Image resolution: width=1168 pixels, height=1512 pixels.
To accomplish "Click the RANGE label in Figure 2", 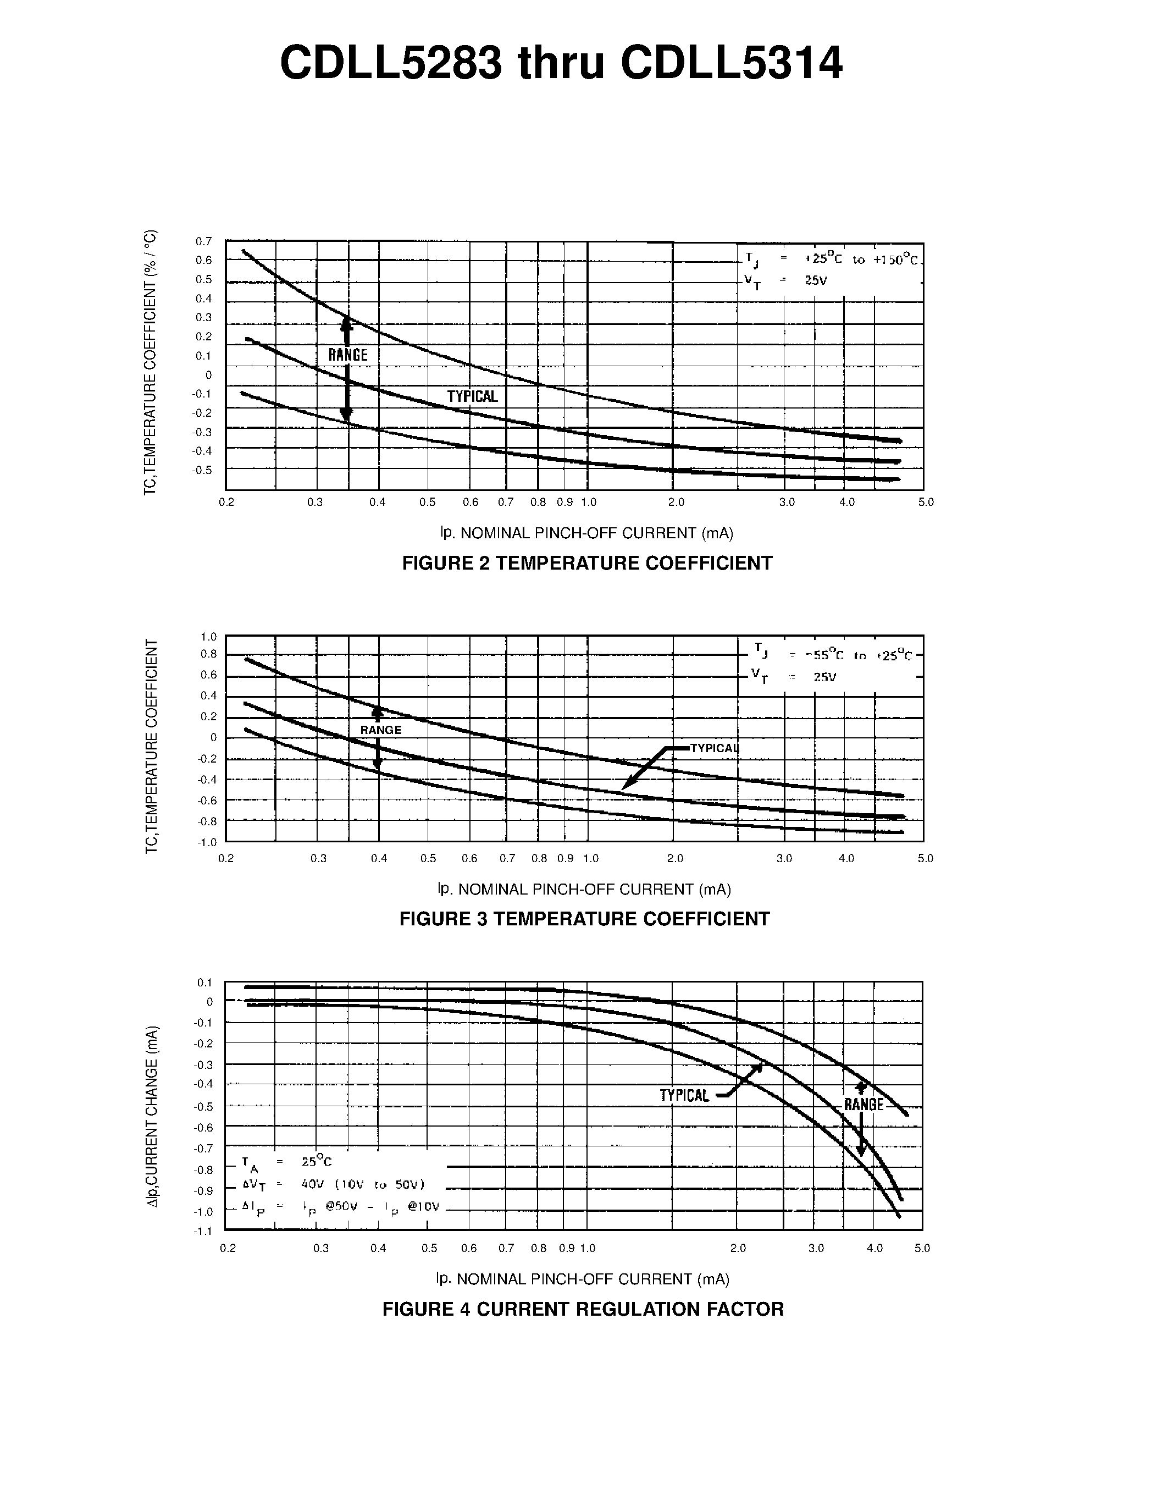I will (348, 355).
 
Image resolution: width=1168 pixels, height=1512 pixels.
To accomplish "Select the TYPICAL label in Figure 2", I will (472, 396).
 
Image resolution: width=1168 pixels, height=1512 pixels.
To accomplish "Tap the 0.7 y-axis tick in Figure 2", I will (203, 241).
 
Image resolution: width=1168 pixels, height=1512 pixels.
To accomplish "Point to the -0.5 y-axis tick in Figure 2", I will (202, 470).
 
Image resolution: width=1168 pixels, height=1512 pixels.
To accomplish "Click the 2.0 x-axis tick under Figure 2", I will (676, 503).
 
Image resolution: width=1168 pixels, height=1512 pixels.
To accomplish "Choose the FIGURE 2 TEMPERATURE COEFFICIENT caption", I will (587, 563).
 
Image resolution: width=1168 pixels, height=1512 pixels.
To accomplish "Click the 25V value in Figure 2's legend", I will (816, 280).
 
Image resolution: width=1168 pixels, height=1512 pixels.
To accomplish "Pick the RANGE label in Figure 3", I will (380, 730).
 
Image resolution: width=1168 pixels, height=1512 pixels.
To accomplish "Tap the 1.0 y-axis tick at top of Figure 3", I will (208, 637).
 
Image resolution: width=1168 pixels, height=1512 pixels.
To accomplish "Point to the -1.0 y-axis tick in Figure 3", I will (207, 842).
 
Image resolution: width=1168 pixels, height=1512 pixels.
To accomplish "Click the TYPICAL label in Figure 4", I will (684, 1095).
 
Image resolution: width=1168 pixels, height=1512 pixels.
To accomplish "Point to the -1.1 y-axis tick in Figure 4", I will (203, 1231).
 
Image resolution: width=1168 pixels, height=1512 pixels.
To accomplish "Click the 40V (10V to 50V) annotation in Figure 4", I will (363, 1184).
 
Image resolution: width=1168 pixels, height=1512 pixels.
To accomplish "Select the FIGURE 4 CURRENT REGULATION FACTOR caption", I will (583, 1309).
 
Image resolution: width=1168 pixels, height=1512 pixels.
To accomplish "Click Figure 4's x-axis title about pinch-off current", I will (583, 1279).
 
